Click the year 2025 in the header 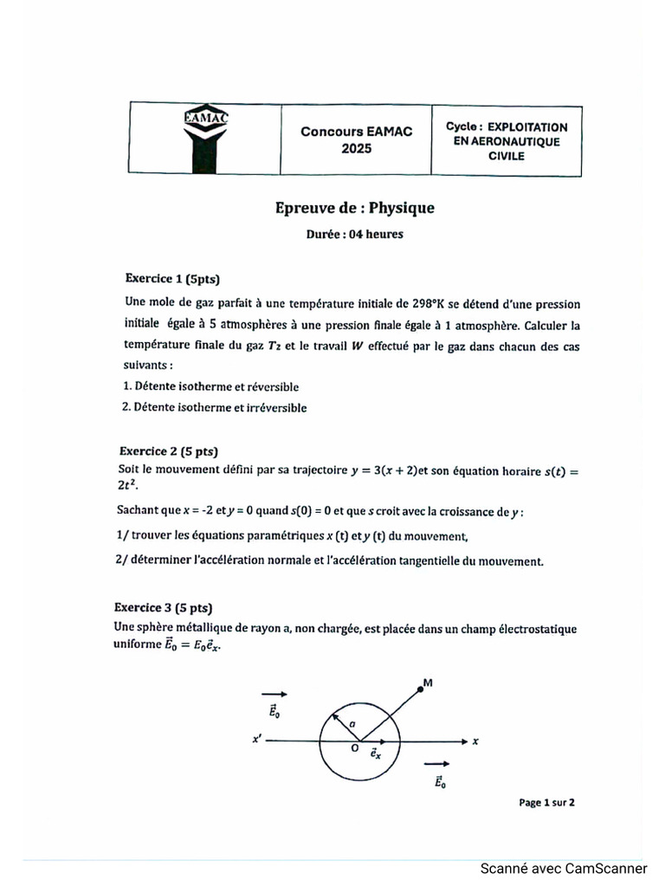click(356, 148)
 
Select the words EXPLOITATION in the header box click(527, 126)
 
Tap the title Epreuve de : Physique click(354, 208)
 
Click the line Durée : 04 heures click(354, 234)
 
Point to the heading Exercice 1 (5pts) click(173, 279)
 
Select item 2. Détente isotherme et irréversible click(214, 407)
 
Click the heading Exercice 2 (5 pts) click(168, 451)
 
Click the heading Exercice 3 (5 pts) click(164, 607)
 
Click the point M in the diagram click(422, 687)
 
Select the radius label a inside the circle click(351, 723)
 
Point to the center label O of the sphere click(354, 750)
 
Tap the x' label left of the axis click(257, 741)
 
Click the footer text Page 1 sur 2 click(546, 802)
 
